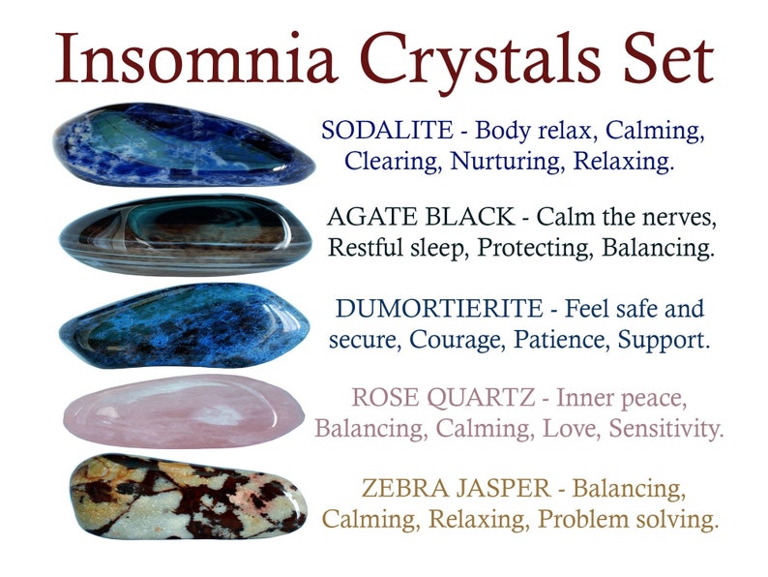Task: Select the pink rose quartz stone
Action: coord(184,410)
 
